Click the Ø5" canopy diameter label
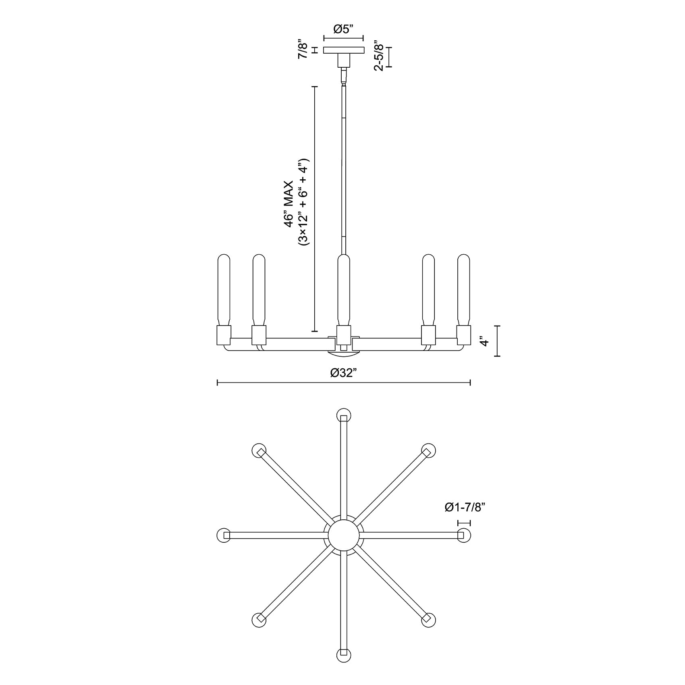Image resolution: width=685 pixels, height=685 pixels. pyautogui.click(x=343, y=29)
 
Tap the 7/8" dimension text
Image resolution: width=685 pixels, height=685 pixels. pyautogui.click(x=303, y=50)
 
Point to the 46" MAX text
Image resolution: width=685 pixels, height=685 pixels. pyautogui.click(x=289, y=204)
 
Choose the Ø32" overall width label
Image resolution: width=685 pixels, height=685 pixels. pyautogui.click(x=344, y=373)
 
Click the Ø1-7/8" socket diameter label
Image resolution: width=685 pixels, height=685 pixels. pyautogui.click(x=464, y=508)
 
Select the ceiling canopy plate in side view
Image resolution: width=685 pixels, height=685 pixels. pyautogui.click(x=344, y=50)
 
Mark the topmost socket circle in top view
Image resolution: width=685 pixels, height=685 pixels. pyautogui.click(x=343, y=415)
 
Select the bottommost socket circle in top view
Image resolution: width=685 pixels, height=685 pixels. pyautogui.click(x=343, y=655)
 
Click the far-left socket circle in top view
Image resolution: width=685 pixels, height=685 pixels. pyautogui.click(x=224, y=535)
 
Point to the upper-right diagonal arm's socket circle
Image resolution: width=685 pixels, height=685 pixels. pyautogui.click(x=428, y=450)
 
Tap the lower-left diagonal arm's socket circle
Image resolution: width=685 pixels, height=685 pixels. pyautogui.click(x=259, y=620)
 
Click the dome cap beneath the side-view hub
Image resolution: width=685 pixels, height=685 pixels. pyautogui.click(x=343, y=353)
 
